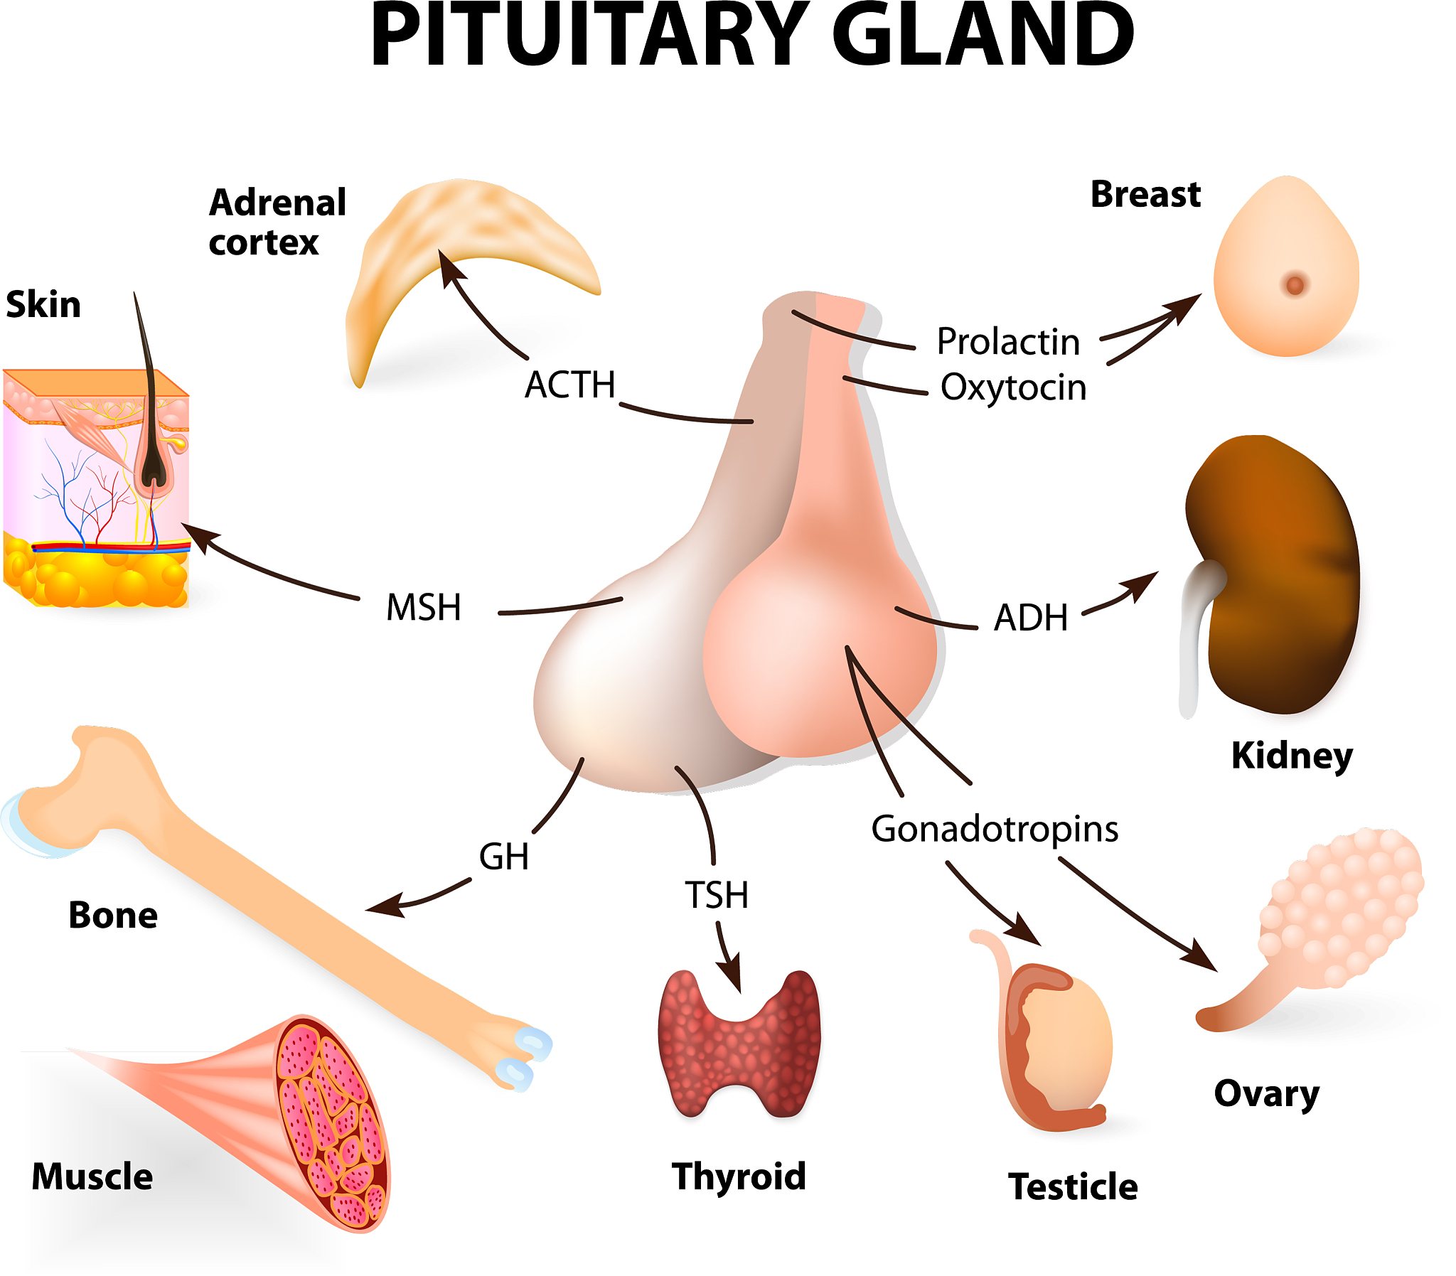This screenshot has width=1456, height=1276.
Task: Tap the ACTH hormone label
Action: coord(569,385)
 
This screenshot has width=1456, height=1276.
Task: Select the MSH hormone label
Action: coord(424,608)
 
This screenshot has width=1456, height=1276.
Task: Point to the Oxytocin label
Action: coord(1013,388)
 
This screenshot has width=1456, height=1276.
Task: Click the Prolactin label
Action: coord(1008,342)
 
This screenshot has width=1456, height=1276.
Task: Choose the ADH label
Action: coord(1031,618)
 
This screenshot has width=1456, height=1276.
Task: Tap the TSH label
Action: coord(716,896)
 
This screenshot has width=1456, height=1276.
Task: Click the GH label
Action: coord(503,857)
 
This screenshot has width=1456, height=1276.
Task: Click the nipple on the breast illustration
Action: coord(1295,286)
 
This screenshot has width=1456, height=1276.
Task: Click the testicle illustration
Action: coord(1061,1046)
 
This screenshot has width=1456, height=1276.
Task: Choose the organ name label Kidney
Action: coord(1292,756)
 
